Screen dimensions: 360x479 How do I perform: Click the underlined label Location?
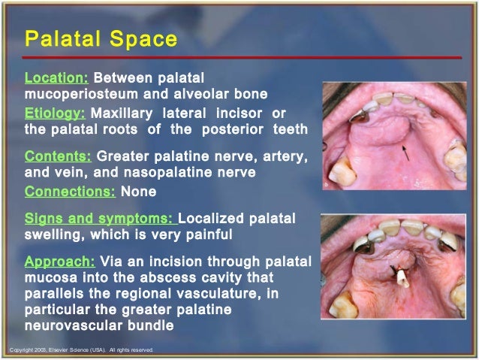(x=56, y=77)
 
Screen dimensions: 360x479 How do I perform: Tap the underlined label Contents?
(x=59, y=156)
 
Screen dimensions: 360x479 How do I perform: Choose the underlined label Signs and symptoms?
(x=100, y=219)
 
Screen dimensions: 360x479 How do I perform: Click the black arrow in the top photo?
(x=405, y=154)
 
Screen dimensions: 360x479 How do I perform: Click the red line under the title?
(x=240, y=58)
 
